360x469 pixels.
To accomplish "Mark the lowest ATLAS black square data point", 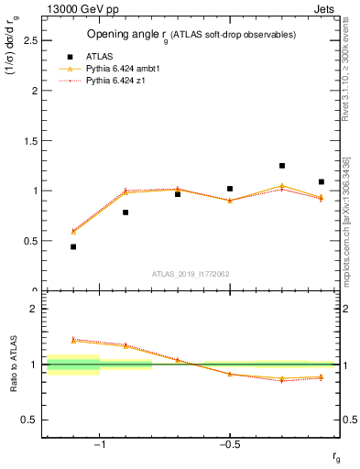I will click(73, 246).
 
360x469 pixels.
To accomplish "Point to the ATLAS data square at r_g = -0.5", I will click(230, 189).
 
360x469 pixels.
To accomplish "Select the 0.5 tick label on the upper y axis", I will click(31, 241).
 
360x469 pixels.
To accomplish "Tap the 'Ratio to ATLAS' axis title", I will click(12, 364).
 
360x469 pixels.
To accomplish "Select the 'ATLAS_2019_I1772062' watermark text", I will click(191, 274).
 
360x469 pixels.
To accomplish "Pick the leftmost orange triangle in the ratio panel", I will click(73, 339).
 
